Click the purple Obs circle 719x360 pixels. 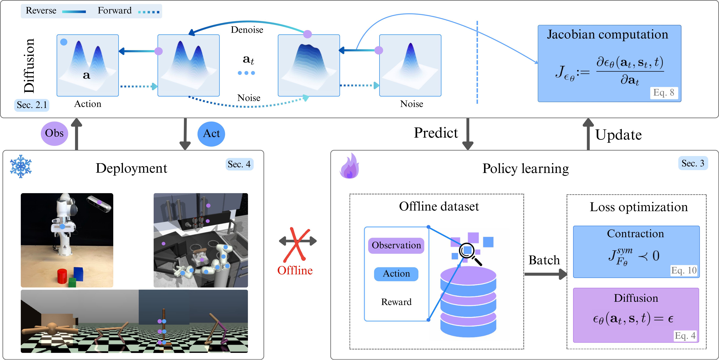(54, 133)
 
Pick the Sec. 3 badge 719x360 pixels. (693, 163)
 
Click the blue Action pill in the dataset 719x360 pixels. (396, 274)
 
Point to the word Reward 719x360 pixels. (396, 302)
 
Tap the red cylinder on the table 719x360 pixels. (62, 276)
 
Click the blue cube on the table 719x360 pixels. (79, 274)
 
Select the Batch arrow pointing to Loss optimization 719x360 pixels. (546, 274)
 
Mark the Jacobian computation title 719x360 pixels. (607, 35)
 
